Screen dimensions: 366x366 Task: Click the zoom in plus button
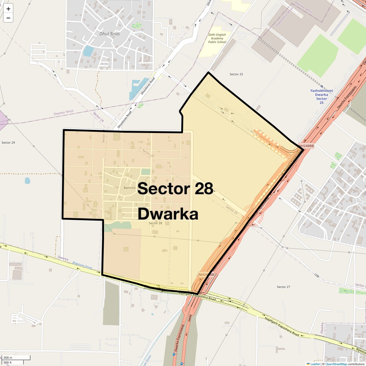click(x=8, y=9)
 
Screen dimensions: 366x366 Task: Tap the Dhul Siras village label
click(x=109, y=34)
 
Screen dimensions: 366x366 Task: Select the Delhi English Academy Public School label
click(x=217, y=38)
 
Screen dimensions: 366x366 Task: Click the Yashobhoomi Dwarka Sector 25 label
click(x=321, y=96)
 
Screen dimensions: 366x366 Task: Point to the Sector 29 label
click(x=8, y=143)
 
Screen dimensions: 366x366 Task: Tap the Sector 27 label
click(x=283, y=287)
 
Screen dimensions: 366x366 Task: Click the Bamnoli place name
click(x=130, y=188)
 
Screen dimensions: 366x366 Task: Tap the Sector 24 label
click(x=99, y=117)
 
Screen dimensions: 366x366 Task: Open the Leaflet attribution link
click(x=315, y=364)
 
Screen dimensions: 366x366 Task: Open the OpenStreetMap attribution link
click(x=336, y=364)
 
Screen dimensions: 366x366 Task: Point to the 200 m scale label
click(x=8, y=358)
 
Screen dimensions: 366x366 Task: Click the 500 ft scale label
click(x=8, y=362)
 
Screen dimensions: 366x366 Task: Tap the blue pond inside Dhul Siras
click(x=88, y=51)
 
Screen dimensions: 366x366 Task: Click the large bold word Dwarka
click(x=168, y=214)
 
